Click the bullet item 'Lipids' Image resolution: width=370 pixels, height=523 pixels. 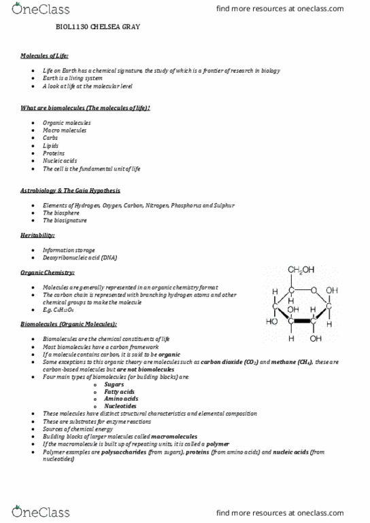(50, 145)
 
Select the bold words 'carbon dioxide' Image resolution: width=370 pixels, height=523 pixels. (223, 363)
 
